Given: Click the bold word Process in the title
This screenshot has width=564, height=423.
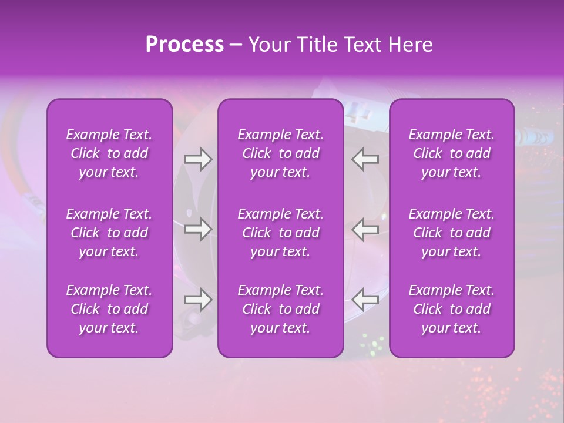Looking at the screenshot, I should pyautogui.click(x=184, y=45).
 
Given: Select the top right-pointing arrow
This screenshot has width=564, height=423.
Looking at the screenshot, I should pyautogui.click(x=198, y=159).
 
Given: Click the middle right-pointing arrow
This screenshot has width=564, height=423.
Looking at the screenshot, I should pyautogui.click(x=198, y=230).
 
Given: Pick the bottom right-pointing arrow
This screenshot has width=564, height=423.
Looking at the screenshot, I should pyautogui.click(x=198, y=300).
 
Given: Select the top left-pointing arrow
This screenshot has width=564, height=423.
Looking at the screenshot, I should pyautogui.click(x=365, y=159).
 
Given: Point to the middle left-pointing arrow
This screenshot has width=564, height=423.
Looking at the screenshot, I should pyautogui.click(x=365, y=230).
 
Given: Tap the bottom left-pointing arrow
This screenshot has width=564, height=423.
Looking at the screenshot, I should pyautogui.click(x=365, y=300).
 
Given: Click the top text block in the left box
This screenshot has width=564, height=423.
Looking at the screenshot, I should pyautogui.click(x=109, y=153).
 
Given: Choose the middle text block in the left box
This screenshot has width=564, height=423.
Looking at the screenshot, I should pyautogui.click(x=109, y=233).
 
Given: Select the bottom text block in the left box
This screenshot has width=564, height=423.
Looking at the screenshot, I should pyautogui.click(x=109, y=309).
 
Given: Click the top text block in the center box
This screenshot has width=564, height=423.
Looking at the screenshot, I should pyautogui.click(x=281, y=153).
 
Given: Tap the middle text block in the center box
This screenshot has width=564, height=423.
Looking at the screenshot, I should pyautogui.click(x=281, y=233).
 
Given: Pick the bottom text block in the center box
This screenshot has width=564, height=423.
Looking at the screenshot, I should pyautogui.click(x=281, y=309).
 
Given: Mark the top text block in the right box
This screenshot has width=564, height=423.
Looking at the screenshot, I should pyautogui.click(x=452, y=153).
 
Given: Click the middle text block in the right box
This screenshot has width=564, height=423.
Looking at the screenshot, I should pyautogui.click(x=452, y=233).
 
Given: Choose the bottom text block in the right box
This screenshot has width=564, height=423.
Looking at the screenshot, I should pyautogui.click(x=452, y=309).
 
